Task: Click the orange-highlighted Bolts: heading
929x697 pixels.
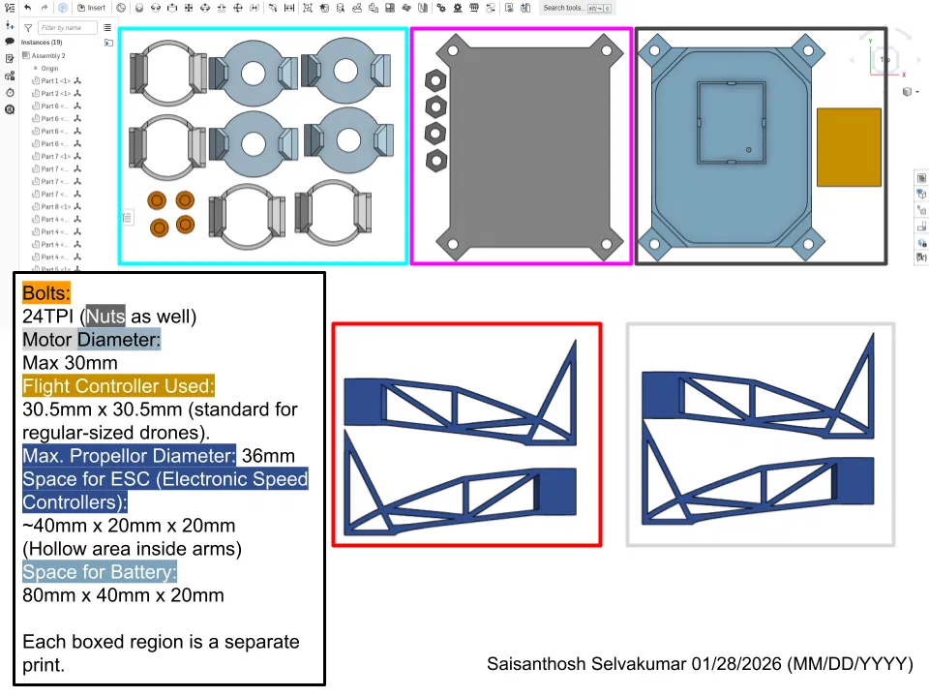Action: coord(46,293)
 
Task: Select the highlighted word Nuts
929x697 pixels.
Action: coord(105,316)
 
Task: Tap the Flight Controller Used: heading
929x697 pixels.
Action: coord(118,386)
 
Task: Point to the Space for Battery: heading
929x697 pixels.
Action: coord(100,572)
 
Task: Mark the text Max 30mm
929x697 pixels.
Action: coord(70,363)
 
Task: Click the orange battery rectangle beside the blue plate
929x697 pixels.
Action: coord(849,147)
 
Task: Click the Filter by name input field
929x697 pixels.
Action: coord(68,28)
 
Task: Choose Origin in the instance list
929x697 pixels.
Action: coord(49,69)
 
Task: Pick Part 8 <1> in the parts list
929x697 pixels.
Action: coord(55,207)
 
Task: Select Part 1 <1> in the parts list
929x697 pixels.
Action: coord(55,81)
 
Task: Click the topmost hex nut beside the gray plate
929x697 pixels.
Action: coord(435,80)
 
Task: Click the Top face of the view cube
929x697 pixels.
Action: coord(884,59)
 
